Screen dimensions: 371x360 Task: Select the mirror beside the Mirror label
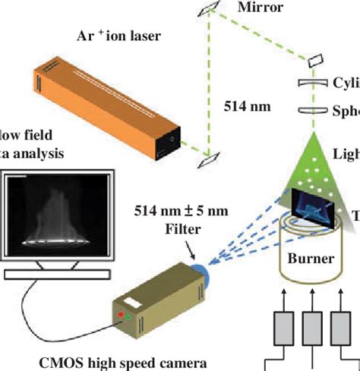[x=209, y=8]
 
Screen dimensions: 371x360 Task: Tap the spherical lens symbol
[x=314, y=110]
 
